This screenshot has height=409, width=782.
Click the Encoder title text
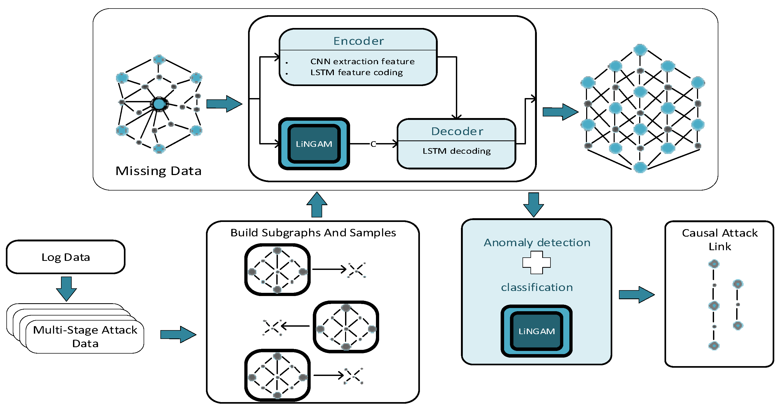[359, 41]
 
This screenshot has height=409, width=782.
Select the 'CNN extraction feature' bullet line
[362, 61]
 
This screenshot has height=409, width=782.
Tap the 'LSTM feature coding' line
[356, 72]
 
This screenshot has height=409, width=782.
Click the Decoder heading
[457, 131]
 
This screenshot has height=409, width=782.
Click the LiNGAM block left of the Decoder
[314, 144]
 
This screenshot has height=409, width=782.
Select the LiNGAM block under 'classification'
[536, 331]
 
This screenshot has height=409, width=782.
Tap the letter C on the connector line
[373, 144]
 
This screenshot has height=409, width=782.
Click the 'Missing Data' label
[159, 171]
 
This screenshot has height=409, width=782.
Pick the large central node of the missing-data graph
[159, 104]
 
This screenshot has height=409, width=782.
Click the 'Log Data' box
[66, 257]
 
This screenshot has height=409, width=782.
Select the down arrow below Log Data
[66, 289]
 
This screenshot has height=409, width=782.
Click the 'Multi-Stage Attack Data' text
[85, 337]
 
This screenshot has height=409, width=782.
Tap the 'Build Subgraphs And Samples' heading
[313, 233]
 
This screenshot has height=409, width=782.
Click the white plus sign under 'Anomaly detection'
[536, 262]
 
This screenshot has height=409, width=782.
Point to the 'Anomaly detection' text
[537, 243]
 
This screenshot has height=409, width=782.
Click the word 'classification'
[537, 287]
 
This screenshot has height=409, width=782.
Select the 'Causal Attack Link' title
[719, 239]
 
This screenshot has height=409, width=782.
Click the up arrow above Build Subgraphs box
[317, 205]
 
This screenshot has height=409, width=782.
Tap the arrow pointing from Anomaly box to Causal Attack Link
[637, 294]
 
